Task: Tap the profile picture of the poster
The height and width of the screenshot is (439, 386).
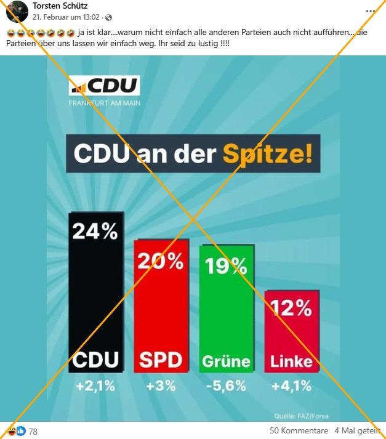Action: coord(17,11)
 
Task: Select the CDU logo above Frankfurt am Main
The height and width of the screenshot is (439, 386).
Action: coord(105,86)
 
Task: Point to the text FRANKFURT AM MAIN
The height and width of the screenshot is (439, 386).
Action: coord(105,103)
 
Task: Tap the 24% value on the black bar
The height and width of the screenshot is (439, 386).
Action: coord(95,232)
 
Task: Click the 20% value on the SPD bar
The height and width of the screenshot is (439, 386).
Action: coord(161,261)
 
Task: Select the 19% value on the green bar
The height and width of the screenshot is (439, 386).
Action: coord(226,265)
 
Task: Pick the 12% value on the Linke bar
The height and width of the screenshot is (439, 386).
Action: coord(291,307)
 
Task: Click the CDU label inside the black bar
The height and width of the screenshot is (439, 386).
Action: coord(95,360)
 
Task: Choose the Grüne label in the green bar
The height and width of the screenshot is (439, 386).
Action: coord(226,361)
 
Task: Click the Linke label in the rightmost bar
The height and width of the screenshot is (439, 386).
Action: coord(291,361)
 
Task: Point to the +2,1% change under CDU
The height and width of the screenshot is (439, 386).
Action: coord(95,387)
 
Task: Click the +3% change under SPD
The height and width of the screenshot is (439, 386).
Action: coord(161,387)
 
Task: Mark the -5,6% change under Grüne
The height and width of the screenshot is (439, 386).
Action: coord(226,387)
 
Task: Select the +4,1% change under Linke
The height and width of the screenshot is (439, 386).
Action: coord(291,387)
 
